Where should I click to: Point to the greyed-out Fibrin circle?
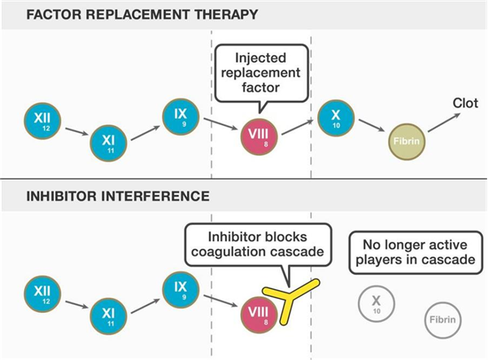441,320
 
